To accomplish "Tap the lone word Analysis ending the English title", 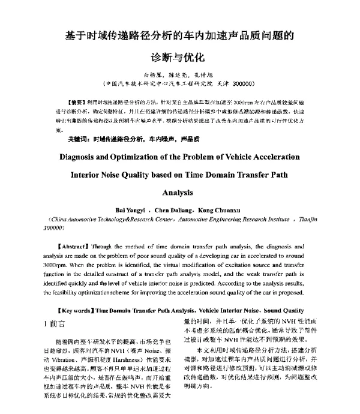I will (179, 193).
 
